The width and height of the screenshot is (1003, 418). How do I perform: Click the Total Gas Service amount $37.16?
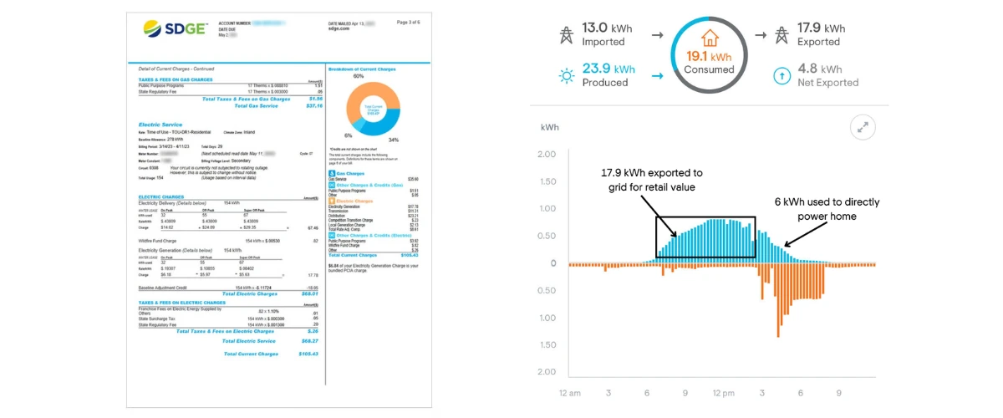click(x=313, y=106)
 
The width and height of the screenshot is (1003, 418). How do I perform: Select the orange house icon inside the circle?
click(x=709, y=38)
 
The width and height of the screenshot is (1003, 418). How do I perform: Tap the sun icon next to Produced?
click(x=568, y=76)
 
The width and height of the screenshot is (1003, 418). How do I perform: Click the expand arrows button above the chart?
click(x=862, y=127)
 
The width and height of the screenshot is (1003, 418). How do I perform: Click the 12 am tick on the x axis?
click(x=570, y=392)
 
